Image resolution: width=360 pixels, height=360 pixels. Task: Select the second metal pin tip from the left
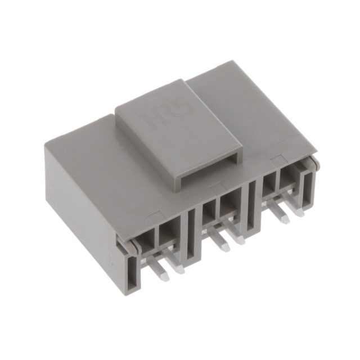pyautogui.click(x=179, y=269)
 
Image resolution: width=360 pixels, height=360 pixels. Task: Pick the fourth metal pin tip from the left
pyautogui.click(x=241, y=240)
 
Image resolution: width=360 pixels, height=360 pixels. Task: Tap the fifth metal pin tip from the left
pyautogui.click(x=282, y=218)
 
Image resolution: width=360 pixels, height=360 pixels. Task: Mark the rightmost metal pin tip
pyautogui.click(x=299, y=212)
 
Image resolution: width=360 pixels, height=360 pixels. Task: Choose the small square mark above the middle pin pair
pyautogui.click(x=215, y=186)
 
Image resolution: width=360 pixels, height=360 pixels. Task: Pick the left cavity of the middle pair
pyautogui.click(x=209, y=213)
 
